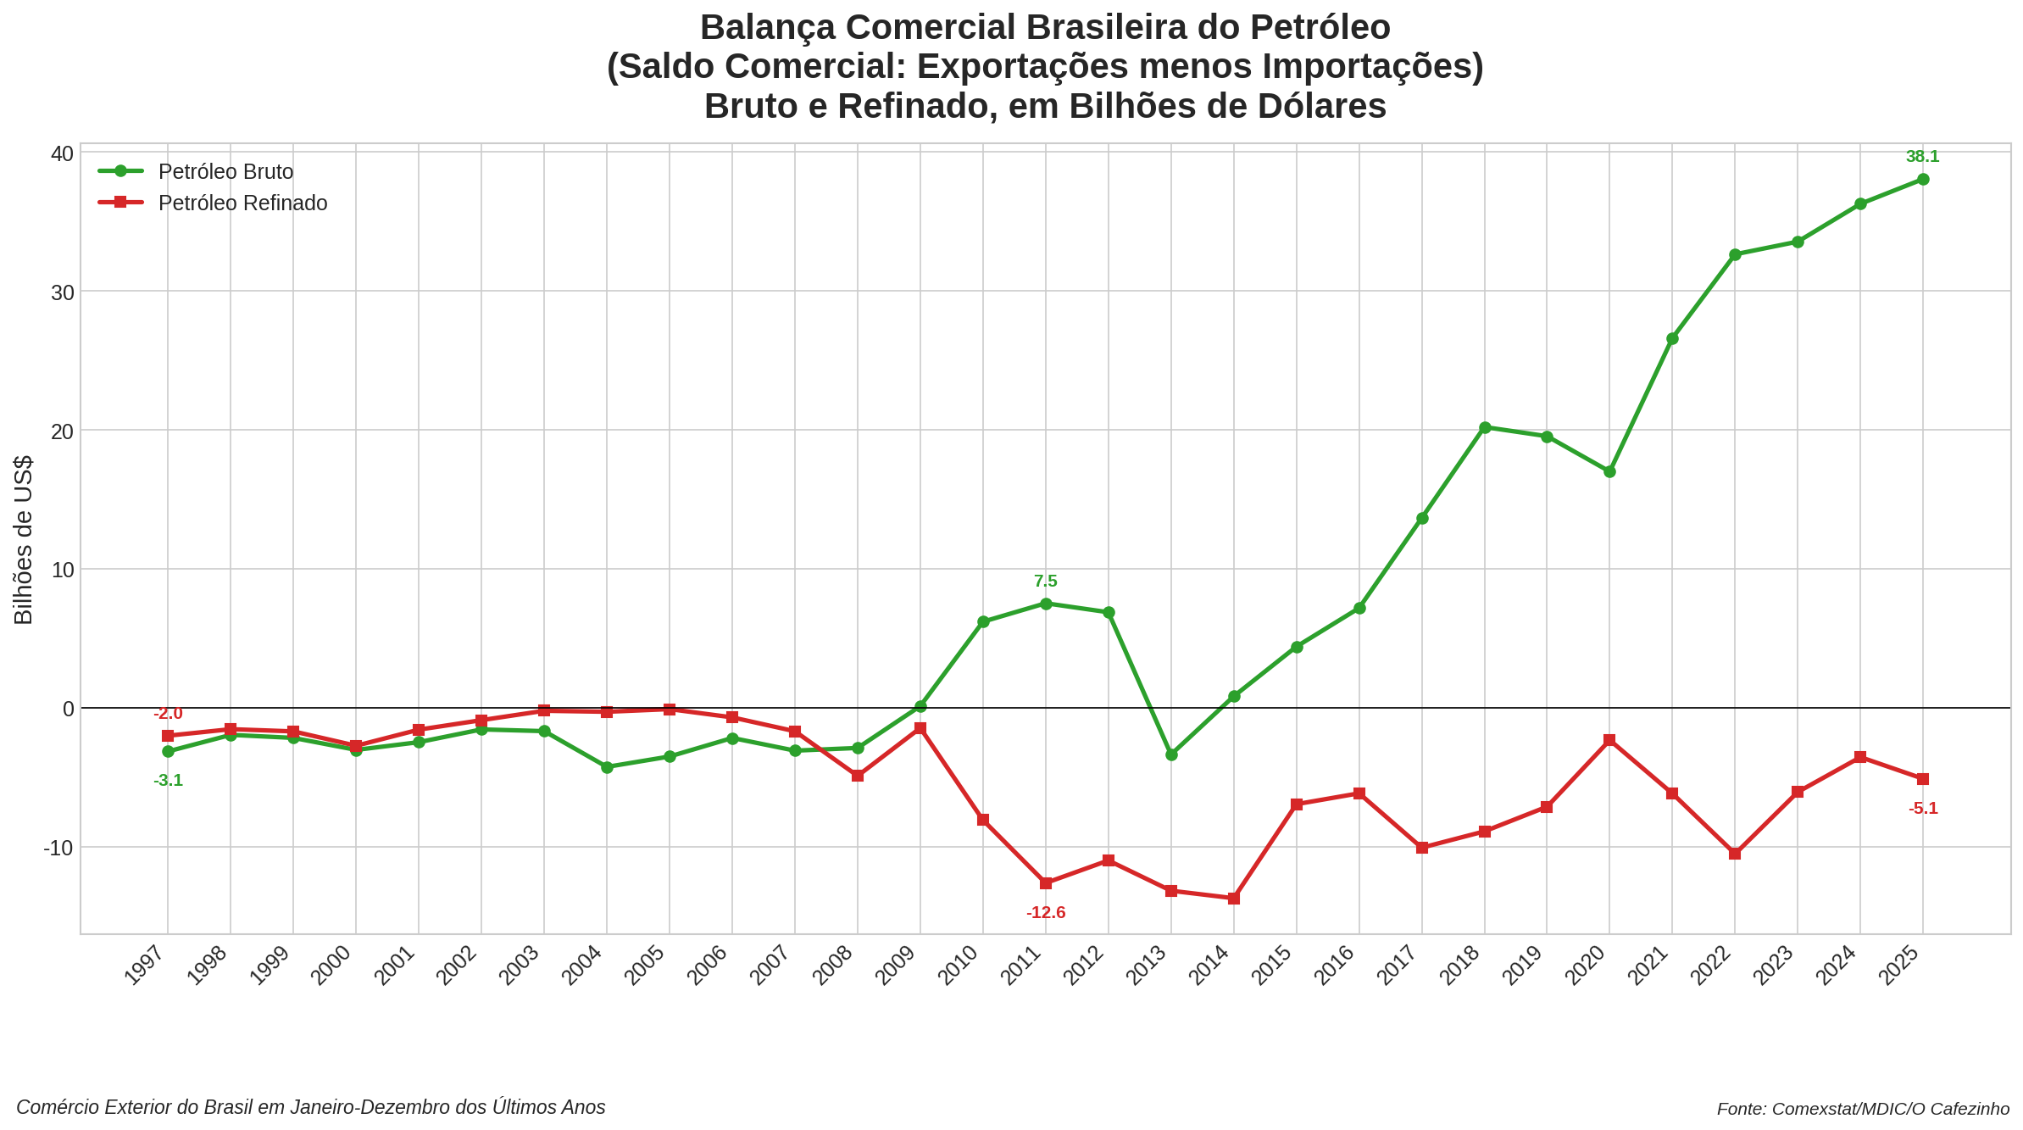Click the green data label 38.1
(x=1922, y=157)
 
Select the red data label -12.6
(x=1046, y=913)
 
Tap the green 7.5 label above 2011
(x=1046, y=582)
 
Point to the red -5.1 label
(x=1923, y=809)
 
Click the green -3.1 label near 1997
(x=168, y=781)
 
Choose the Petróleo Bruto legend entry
(x=225, y=172)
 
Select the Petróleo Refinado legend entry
(x=242, y=203)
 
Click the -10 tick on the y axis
(x=58, y=848)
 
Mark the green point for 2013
(x=1171, y=754)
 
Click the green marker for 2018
(x=1485, y=427)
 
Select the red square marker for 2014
(x=1234, y=898)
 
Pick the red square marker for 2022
(x=1735, y=854)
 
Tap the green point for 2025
(x=1923, y=179)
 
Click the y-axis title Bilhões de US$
(x=24, y=540)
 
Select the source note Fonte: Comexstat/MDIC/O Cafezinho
(x=1863, y=1109)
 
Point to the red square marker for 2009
(x=920, y=728)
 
